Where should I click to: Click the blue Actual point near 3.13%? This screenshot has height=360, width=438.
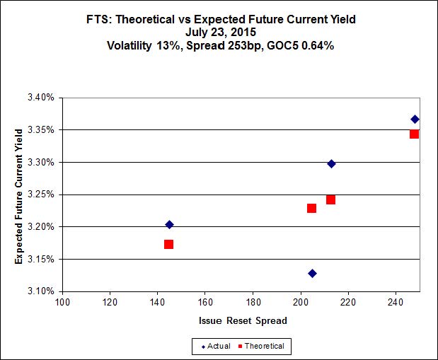[x=312, y=273]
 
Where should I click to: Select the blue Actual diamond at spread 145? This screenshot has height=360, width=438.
[x=169, y=224]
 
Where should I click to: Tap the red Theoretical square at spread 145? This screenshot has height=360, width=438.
[x=168, y=244]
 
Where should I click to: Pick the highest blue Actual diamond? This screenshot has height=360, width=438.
[x=415, y=119]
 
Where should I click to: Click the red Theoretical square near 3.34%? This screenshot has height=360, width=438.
[x=414, y=134]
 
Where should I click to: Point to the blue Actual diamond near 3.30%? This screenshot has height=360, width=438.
[x=331, y=163]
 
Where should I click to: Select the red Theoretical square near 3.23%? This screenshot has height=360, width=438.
[x=311, y=208]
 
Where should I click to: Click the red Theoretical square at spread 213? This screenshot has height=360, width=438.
[x=330, y=199]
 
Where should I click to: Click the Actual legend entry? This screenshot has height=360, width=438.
[x=216, y=346]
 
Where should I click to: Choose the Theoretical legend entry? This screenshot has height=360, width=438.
[x=263, y=346]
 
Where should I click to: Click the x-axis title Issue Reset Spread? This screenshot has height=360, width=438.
[x=243, y=320]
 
